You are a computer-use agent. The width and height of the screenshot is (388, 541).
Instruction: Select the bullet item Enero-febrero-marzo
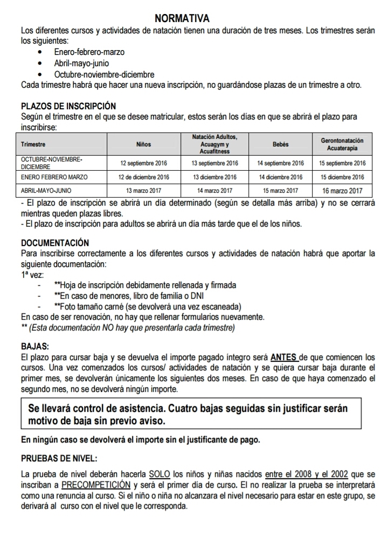click(x=89, y=53)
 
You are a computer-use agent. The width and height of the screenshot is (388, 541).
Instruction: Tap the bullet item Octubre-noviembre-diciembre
click(x=104, y=74)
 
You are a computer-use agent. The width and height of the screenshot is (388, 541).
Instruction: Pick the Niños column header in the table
click(x=144, y=144)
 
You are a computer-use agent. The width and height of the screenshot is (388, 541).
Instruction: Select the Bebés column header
click(x=280, y=144)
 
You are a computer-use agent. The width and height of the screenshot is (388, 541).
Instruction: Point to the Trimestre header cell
click(x=33, y=144)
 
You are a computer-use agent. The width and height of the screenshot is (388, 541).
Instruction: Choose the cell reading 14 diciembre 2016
click(x=280, y=177)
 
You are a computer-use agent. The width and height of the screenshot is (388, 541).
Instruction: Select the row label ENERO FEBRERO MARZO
click(x=54, y=177)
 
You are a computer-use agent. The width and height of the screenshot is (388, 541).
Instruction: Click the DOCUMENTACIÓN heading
click(x=54, y=243)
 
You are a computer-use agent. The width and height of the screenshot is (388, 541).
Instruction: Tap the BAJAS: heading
click(x=34, y=346)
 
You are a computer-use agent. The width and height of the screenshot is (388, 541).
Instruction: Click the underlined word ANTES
click(x=283, y=357)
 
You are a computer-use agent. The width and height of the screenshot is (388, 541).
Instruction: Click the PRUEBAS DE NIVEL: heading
click(x=59, y=459)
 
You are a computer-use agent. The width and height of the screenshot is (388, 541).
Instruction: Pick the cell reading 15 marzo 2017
click(x=280, y=191)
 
